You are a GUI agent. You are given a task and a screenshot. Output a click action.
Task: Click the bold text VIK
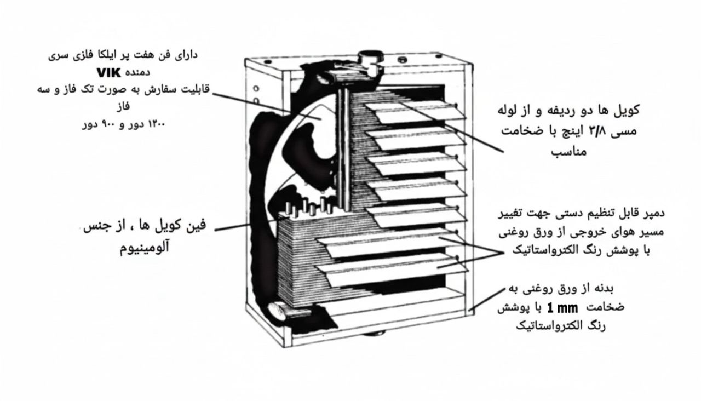pyautogui.click(x=108, y=73)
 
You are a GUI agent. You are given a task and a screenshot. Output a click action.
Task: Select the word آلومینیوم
pyautogui.click(x=144, y=247)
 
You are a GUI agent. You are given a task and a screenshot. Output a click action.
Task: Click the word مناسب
pyautogui.click(x=568, y=152)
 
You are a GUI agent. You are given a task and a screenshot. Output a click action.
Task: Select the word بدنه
pyautogui.click(x=604, y=289)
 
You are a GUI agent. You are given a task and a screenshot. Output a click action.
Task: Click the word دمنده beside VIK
pyautogui.click(x=137, y=73)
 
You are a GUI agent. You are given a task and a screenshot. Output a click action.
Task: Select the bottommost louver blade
pyautogui.click(x=392, y=270)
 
